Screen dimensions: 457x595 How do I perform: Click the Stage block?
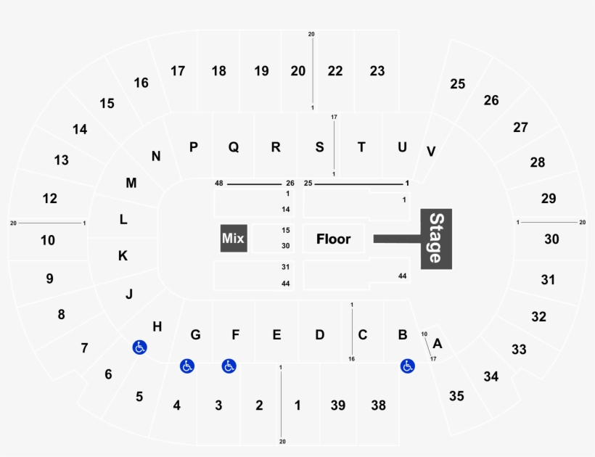click(x=436, y=238)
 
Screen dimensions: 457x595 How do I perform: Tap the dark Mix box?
click(x=234, y=239)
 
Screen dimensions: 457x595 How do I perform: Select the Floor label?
click(x=334, y=239)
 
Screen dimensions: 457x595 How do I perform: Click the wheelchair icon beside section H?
click(x=139, y=348)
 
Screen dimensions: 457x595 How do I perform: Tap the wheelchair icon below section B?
click(x=407, y=367)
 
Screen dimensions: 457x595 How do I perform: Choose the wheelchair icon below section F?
click(x=229, y=367)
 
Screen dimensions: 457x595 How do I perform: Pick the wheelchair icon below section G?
click(x=187, y=367)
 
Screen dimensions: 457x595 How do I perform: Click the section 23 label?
click(x=377, y=71)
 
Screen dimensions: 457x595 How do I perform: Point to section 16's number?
click(x=141, y=83)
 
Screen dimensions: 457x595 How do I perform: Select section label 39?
click(x=338, y=405)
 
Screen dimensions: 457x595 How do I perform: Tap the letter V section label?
click(x=431, y=152)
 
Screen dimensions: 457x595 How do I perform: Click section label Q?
click(x=234, y=147)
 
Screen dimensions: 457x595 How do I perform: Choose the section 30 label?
click(x=552, y=239)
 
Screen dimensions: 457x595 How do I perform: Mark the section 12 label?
click(x=50, y=198)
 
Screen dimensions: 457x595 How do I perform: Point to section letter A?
click(x=438, y=343)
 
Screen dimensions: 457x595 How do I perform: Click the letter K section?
click(x=123, y=255)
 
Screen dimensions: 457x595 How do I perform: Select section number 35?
click(x=456, y=396)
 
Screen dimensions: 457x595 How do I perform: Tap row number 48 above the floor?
click(x=218, y=184)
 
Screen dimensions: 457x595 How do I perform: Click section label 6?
click(x=109, y=374)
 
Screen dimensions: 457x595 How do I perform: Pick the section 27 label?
click(x=520, y=128)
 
